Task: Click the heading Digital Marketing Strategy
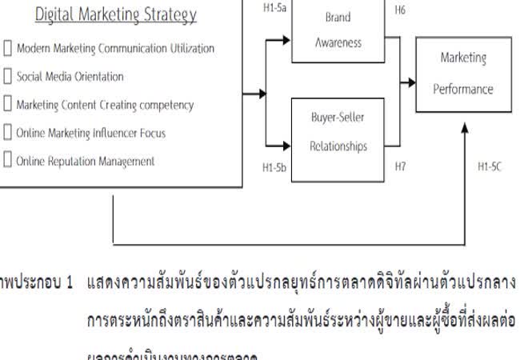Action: coord(116,15)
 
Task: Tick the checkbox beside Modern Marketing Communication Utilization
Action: coord(8,48)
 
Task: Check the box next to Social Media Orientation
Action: coord(8,77)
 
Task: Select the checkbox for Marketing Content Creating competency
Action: coord(8,105)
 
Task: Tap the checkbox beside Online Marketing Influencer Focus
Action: coord(8,133)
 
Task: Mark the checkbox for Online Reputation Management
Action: coord(8,161)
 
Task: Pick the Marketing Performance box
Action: coord(462,74)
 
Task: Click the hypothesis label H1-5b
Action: coord(274,170)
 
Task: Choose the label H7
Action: coord(401,167)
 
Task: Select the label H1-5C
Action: coord(490,167)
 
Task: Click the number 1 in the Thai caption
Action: coord(70,283)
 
